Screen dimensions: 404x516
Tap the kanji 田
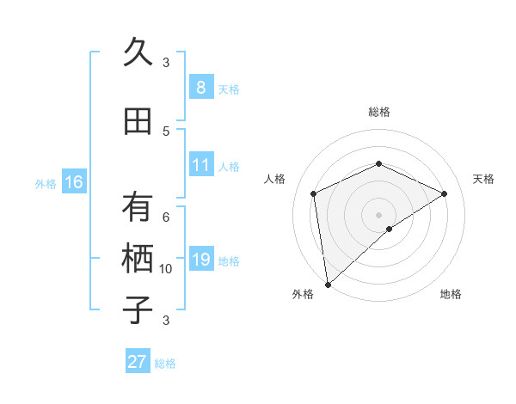[x=138, y=121]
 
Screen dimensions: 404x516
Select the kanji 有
[x=138, y=207]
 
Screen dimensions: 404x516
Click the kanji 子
[x=138, y=309]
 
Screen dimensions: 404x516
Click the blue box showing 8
[x=200, y=88]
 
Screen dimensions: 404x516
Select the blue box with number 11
[x=200, y=165]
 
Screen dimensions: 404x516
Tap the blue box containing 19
[x=200, y=260]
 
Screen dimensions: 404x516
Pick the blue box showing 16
[x=73, y=182]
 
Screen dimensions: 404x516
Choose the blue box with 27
[x=137, y=362]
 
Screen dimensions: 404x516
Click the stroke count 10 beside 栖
[x=166, y=269]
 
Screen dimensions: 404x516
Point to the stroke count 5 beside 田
[x=166, y=132]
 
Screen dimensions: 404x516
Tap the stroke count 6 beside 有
[x=166, y=217]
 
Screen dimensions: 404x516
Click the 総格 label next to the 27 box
[x=165, y=364]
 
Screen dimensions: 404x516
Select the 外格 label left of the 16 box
[x=46, y=184]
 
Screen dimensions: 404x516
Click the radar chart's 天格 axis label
[x=483, y=179]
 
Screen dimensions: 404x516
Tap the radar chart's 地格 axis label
[x=451, y=294]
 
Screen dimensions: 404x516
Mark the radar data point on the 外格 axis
[x=328, y=284]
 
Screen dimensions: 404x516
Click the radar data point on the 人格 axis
[x=314, y=193]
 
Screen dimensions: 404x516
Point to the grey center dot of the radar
[x=378, y=213]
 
